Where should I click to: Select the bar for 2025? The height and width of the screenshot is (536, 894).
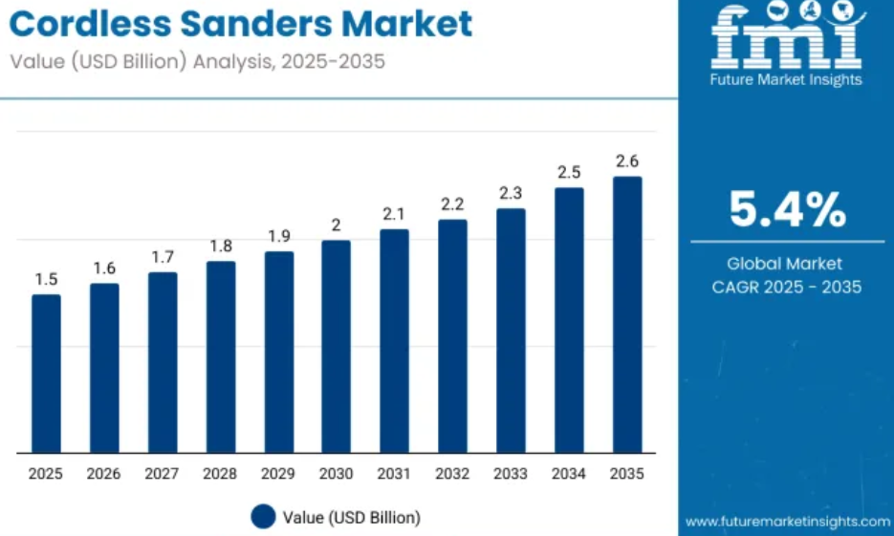point(46,374)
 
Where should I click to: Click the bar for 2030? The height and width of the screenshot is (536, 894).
point(336,347)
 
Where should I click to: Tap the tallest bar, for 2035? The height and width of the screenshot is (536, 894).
point(627,315)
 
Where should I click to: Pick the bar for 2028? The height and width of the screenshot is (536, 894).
point(221,357)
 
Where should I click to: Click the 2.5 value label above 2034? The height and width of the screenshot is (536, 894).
point(569,173)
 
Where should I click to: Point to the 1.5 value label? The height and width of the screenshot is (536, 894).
point(46,280)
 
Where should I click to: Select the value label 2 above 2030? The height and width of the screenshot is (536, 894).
point(336,225)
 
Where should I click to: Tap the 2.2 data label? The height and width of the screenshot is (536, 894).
point(452,204)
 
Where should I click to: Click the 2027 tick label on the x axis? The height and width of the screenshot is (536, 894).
point(162,474)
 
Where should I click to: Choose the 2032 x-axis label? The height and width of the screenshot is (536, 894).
point(452,474)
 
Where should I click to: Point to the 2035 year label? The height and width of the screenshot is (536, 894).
point(627,474)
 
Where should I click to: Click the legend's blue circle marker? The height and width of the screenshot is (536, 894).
point(263,517)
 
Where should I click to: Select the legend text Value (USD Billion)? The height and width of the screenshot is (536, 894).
point(352,518)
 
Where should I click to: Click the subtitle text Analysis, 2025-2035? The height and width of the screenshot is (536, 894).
point(289,61)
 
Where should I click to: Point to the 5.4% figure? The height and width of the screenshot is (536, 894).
point(787,209)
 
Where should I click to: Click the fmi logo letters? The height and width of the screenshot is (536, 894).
point(787,35)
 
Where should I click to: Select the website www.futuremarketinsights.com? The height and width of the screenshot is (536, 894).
point(787,521)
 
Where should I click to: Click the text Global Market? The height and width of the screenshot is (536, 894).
point(785,264)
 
